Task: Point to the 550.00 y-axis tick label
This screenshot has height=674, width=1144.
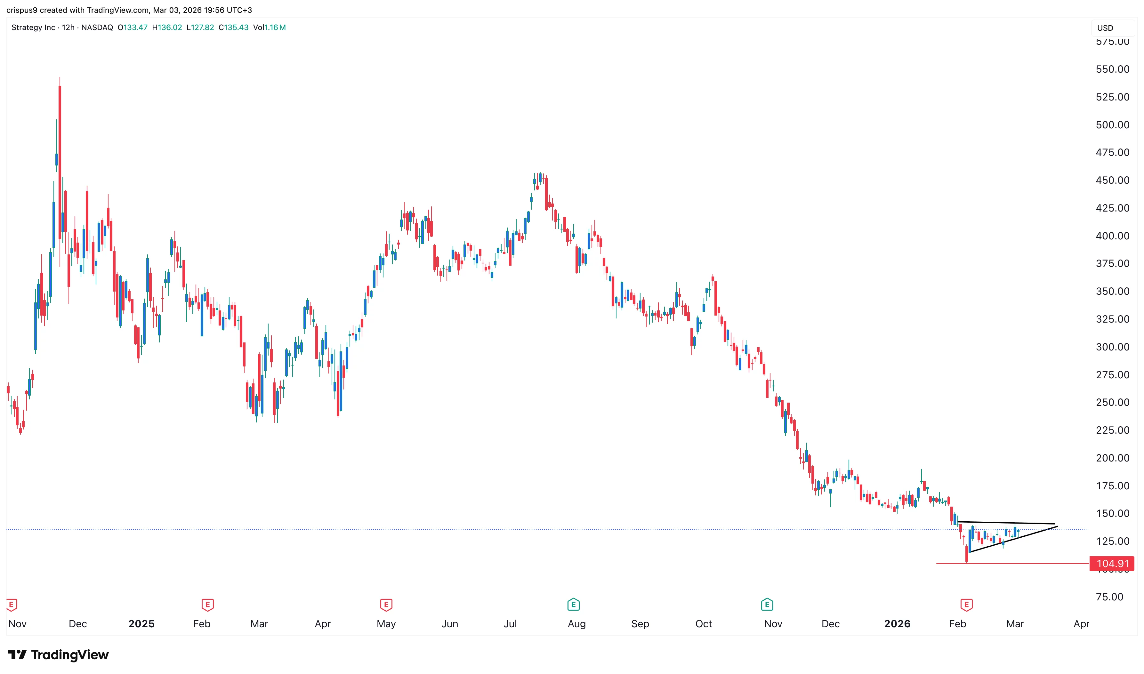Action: [x=1112, y=69]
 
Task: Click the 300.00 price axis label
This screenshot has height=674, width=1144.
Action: [x=1112, y=347]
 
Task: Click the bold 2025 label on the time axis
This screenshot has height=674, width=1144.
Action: [x=141, y=623]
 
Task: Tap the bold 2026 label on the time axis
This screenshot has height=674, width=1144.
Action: [x=897, y=623]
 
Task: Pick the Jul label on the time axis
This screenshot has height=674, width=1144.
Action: [x=510, y=623]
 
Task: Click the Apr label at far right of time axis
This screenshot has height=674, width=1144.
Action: [x=1081, y=623]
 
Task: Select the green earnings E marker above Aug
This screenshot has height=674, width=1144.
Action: [x=573, y=605]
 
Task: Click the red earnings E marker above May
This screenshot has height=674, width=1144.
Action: [x=386, y=605]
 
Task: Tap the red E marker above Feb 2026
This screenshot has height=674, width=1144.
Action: [x=966, y=605]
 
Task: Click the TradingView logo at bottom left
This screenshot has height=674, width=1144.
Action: [x=58, y=654]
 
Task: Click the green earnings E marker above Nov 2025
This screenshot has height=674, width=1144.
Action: [x=767, y=605]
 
